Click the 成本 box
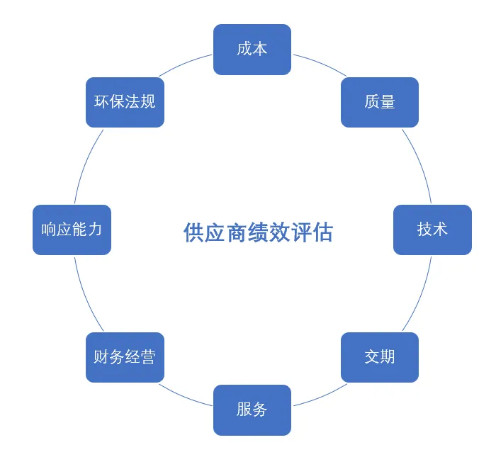pos(252,50)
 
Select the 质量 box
pos(380,102)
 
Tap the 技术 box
pos(432,230)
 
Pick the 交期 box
pos(380,357)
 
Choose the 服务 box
pos(252,410)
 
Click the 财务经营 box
pos(125,357)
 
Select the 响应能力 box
pos(72,230)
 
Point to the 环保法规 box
pos(125,102)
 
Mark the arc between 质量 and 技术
pos(419,164)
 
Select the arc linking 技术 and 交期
pos(419,295)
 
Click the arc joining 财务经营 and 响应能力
pos(85,295)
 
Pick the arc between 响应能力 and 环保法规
pos(85,164)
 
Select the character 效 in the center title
pos(280,232)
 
